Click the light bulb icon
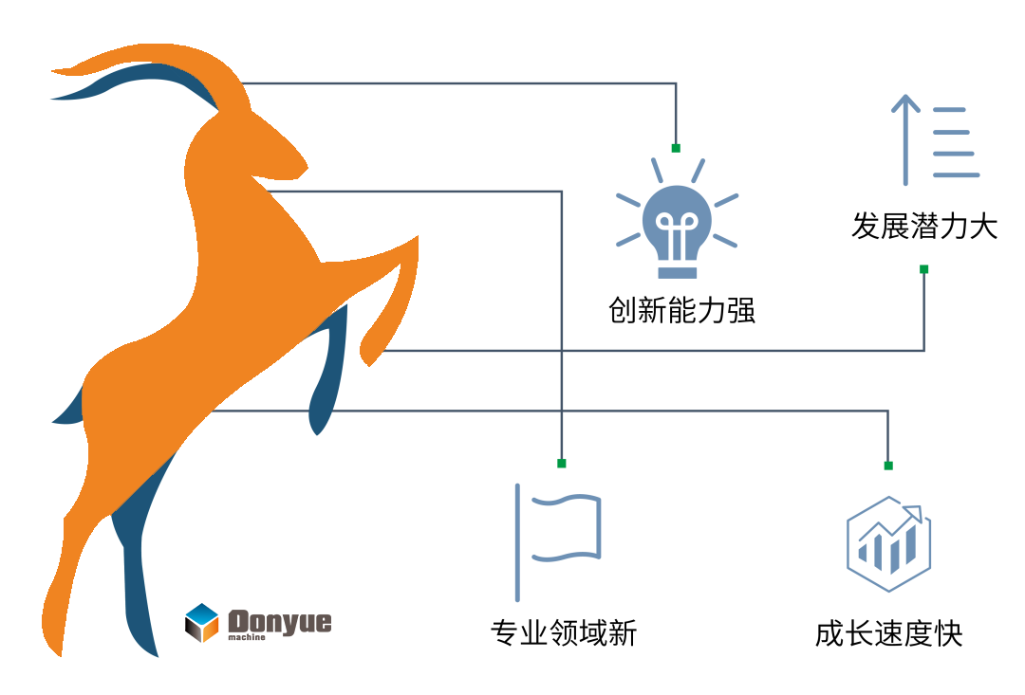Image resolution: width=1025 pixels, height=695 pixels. (x=677, y=228)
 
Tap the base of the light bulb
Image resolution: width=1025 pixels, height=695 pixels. (x=677, y=271)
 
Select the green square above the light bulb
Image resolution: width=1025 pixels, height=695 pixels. (x=676, y=148)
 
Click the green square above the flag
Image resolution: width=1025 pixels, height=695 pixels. (x=562, y=464)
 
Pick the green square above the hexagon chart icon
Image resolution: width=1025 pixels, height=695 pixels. (x=888, y=466)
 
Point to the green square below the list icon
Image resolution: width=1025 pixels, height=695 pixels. (x=924, y=269)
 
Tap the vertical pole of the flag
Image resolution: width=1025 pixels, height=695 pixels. (x=517, y=542)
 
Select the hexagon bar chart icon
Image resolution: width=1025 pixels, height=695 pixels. (x=888, y=544)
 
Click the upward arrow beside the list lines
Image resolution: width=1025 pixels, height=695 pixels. (x=905, y=138)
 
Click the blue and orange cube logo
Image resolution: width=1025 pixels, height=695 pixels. (x=203, y=623)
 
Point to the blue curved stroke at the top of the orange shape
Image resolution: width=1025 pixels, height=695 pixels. (x=142, y=81)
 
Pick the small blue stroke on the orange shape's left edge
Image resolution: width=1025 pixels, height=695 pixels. (x=69, y=410)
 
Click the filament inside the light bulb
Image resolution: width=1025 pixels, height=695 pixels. (x=677, y=233)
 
